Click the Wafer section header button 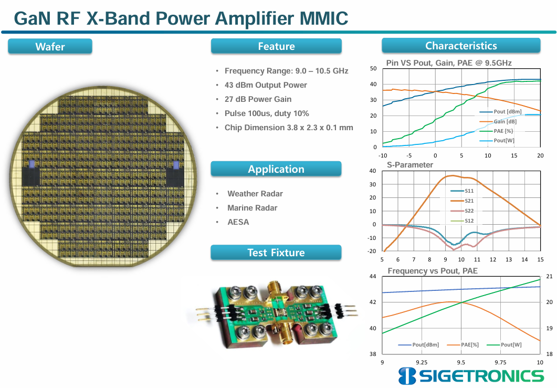pos(50,46)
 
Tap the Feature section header pos(276,46)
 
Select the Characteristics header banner pos(461,46)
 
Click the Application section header pos(276,169)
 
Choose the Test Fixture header pos(276,252)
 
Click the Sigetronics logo pos(471,376)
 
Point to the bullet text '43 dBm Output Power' pos(266,85)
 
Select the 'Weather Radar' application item pos(255,194)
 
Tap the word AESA pos(238,222)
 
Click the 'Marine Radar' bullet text pos(252,208)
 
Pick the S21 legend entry pos(462,201)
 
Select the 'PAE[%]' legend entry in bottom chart pos(463,344)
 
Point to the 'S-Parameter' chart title pos(410,165)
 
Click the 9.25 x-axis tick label pos(422,362)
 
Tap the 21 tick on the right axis pos(549,277)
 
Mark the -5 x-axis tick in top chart pos(409,155)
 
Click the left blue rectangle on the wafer pos(31,164)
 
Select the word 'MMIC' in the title pos(324,18)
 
